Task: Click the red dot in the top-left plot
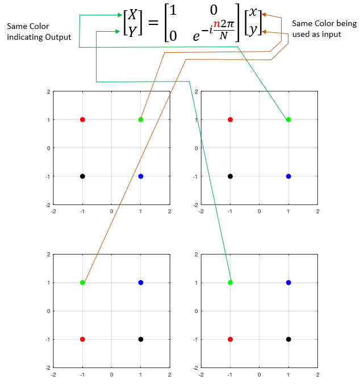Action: tap(82, 120)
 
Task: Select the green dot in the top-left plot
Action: tap(141, 120)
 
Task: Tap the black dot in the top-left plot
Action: tap(82, 176)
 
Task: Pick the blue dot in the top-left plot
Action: tap(141, 176)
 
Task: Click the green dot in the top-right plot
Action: tap(288, 120)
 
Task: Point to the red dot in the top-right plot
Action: tap(231, 120)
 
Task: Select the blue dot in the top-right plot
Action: tap(288, 176)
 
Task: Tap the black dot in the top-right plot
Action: tap(231, 176)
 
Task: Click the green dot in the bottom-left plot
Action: tap(82, 282)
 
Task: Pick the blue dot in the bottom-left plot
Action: tap(141, 282)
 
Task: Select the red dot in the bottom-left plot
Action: tap(82, 339)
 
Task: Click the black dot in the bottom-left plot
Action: tap(141, 339)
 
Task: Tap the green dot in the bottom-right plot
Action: tap(231, 282)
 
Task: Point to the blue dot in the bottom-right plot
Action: tap(288, 282)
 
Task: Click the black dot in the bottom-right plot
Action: tap(288, 339)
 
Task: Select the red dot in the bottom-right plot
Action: tap(231, 339)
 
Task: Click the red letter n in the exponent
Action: tap(217, 24)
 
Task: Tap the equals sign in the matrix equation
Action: tap(153, 23)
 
